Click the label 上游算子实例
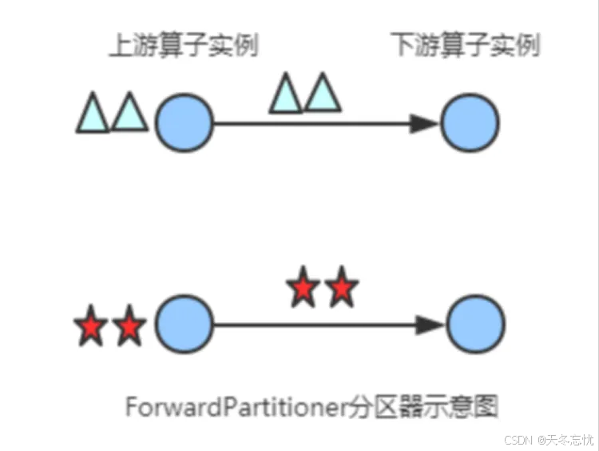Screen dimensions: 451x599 tap(183, 46)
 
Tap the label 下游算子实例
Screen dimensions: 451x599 tap(466, 46)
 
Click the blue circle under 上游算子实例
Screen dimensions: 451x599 tap(184, 123)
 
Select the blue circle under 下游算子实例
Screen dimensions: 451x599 tap(470, 123)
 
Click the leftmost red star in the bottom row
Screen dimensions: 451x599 tap(90, 326)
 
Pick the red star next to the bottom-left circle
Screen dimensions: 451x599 tap(129, 326)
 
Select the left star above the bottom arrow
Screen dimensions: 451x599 tap(303, 288)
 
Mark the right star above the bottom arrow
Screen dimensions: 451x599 tap(341, 288)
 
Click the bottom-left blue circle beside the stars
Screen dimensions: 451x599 tap(184, 325)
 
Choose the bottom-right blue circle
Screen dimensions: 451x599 tap(475, 325)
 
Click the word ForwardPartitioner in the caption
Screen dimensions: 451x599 tap(236, 407)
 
